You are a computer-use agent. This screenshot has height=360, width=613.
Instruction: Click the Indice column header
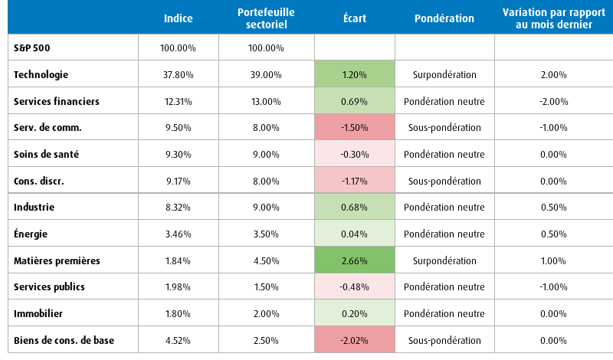tap(178, 18)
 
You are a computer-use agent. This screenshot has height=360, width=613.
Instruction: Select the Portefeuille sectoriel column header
tap(266, 18)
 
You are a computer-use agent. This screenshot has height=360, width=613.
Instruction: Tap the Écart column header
tap(355, 18)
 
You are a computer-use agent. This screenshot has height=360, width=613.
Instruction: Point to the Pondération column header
tap(444, 18)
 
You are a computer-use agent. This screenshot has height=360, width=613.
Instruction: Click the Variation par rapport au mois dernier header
tap(553, 18)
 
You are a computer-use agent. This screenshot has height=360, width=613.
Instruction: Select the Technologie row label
tap(41, 74)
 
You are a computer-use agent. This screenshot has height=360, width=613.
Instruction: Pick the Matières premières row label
tap(57, 260)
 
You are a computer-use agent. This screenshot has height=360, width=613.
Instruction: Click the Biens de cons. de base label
tap(64, 340)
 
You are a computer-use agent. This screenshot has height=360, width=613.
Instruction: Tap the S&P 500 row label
tap(31, 48)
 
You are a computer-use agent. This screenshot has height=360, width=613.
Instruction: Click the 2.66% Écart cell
tap(355, 260)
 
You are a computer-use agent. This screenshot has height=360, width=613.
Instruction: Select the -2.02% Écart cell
tap(355, 340)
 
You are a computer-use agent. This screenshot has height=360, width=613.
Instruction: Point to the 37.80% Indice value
tap(178, 74)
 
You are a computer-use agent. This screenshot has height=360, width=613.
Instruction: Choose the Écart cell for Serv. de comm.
tap(355, 127)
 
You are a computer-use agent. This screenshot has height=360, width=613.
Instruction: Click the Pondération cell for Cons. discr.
tap(444, 181)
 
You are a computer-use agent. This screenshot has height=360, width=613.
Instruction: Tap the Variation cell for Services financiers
tap(553, 102)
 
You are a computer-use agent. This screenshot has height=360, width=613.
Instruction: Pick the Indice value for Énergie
tap(178, 234)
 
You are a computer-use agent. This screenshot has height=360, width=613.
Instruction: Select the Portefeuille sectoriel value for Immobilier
tap(266, 314)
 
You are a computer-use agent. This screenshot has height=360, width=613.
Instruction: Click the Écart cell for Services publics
tap(355, 287)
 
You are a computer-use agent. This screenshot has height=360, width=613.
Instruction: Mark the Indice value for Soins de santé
tap(178, 155)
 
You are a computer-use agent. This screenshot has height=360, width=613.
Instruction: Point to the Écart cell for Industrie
tap(355, 207)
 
